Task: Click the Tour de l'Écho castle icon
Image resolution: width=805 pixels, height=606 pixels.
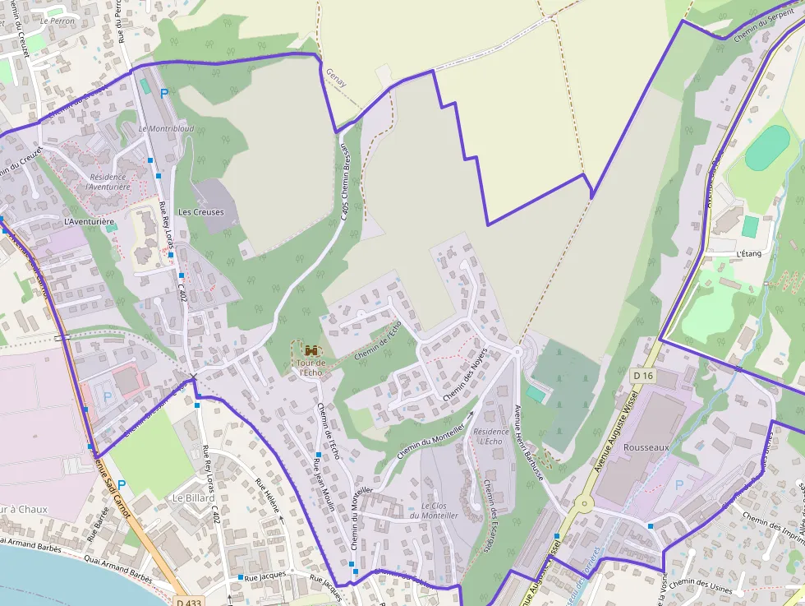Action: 310,349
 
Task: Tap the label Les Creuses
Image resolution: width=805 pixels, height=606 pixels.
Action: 200,212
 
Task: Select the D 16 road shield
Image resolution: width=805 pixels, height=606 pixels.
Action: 642,376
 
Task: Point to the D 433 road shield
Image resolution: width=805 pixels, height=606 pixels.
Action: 187,602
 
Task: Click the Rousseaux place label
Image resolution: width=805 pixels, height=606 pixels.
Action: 646,447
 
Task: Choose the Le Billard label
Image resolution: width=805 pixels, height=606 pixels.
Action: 193,498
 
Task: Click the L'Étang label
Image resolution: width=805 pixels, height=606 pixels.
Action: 749,253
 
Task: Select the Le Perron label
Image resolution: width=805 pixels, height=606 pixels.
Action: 57,21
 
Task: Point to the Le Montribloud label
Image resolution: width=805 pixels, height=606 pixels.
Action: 166,129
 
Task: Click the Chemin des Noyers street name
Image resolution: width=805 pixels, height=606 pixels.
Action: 465,374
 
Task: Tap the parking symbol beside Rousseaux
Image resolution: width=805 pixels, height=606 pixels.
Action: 679,485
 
